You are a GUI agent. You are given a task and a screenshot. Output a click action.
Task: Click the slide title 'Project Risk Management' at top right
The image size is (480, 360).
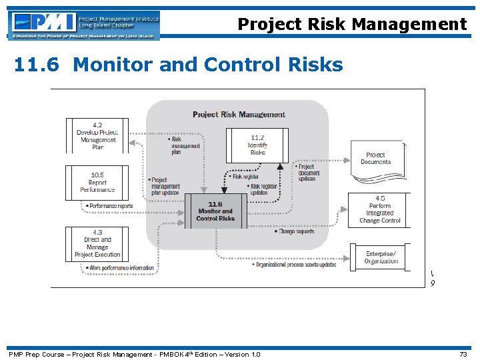pyautogui.click(x=352, y=25)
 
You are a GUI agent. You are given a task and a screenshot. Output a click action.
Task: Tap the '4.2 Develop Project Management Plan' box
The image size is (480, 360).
pyautogui.click(x=97, y=136)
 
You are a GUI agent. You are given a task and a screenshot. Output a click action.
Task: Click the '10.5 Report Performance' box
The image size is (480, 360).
pyautogui.click(x=97, y=183)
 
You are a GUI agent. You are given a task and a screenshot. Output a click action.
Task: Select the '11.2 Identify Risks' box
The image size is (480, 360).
pyautogui.click(x=257, y=145)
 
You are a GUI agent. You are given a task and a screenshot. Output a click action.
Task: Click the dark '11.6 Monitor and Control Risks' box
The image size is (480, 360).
pyautogui.click(x=215, y=211)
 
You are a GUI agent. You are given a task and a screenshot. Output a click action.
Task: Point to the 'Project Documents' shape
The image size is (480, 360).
pyautogui.click(x=376, y=159)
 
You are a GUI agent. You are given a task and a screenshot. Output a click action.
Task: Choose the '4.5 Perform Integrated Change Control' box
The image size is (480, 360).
pyautogui.click(x=379, y=209)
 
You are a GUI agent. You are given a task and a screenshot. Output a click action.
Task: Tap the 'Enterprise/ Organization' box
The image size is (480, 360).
pyautogui.click(x=380, y=257)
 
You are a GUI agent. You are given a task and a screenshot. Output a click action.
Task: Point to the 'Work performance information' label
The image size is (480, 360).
pyautogui.click(x=120, y=268)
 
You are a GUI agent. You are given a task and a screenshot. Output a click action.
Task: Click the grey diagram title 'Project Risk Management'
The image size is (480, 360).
pyautogui.click(x=239, y=115)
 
